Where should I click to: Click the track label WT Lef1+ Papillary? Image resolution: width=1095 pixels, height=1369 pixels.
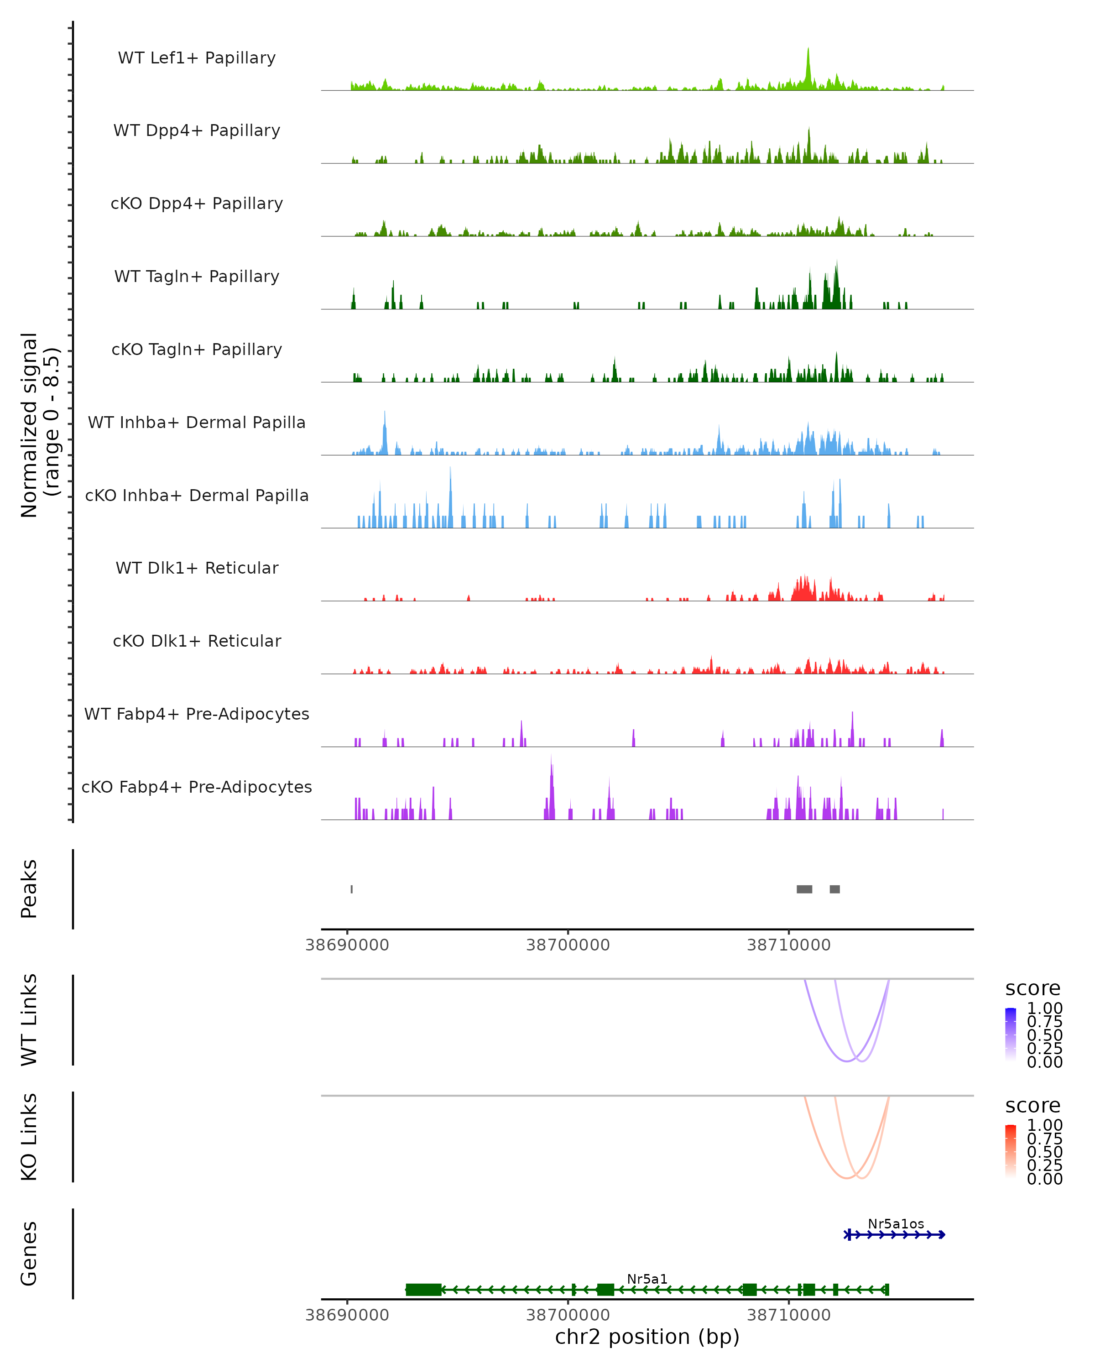tap(197, 58)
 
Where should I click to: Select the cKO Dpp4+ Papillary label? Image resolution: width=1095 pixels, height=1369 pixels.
tap(197, 203)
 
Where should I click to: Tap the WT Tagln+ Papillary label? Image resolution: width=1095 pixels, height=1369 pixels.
tap(197, 276)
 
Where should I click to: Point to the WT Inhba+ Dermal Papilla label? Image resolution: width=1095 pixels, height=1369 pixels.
tap(197, 422)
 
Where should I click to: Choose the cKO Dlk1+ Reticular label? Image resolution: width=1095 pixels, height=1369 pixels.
tap(197, 641)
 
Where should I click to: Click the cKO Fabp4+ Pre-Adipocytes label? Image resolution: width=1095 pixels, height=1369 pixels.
tap(197, 787)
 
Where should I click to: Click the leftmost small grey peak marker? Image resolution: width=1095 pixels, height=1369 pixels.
tap(352, 889)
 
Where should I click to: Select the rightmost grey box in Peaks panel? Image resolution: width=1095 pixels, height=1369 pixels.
tap(835, 889)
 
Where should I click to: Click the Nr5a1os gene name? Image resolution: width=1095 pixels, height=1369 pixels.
tap(896, 1223)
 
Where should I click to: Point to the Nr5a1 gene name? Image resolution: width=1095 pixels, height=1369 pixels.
tap(647, 1279)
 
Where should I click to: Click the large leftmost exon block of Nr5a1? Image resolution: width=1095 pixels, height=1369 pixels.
tap(423, 1290)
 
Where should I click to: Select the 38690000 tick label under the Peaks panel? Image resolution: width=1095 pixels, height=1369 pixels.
tap(347, 945)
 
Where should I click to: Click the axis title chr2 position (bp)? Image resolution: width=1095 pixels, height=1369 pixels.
tap(647, 1337)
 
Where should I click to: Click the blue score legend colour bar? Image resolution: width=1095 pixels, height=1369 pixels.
tap(1011, 1033)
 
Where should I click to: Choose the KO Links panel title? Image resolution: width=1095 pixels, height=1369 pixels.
tap(29, 1137)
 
